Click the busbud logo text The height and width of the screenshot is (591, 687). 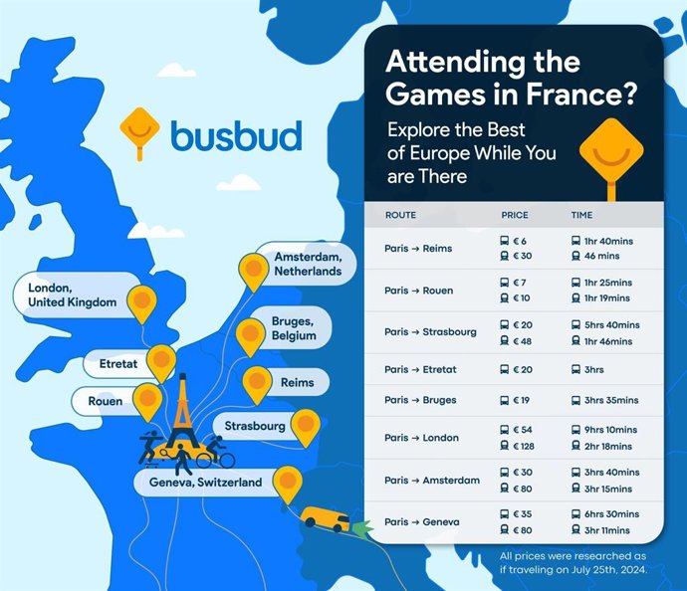tap(235, 134)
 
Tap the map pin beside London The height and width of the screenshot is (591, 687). tap(143, 299)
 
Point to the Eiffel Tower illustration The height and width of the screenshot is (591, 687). tap(182, 418)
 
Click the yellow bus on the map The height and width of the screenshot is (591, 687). tap(325, 518)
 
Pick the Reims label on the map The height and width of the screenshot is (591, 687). tap(297, 382)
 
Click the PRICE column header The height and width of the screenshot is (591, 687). tap(515, 214)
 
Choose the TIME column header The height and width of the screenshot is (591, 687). tap(581, 214)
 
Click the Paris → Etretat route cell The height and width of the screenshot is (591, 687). tap(419, 369)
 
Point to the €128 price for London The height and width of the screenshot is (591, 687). tap(524, 445)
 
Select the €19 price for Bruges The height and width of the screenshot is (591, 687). tap(519, 400)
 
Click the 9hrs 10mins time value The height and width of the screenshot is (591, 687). tap(605, 430)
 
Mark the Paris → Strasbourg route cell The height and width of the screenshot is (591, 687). tap(430, 331)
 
